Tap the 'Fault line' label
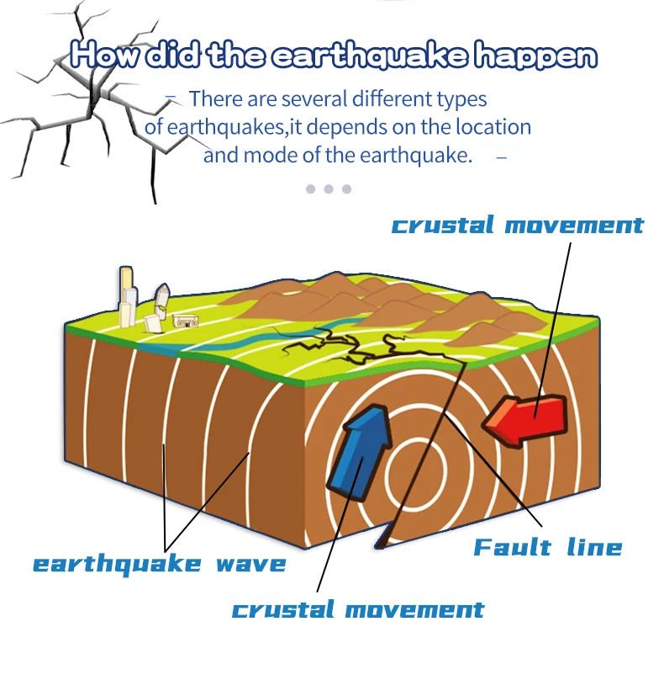547,547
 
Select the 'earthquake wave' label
160,563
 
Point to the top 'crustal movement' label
518,226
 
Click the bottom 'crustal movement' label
358,609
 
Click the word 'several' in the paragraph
318,99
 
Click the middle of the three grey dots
329,189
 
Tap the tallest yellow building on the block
127,295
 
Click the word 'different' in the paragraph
395,99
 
